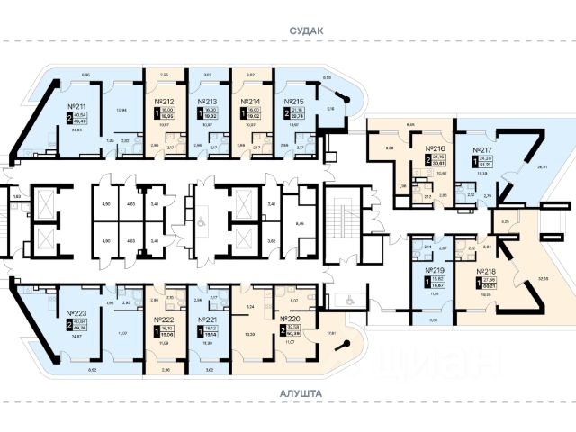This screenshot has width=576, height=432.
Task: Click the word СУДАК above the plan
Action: pyautogui.click(x=305, y=30)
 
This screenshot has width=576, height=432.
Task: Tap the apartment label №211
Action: pyautogui.click(x=76, y=104)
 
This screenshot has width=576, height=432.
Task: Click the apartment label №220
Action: pyautogui.click(x=291, y=319)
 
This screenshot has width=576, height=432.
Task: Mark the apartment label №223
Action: pyautogui.click(x=76, y=315)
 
